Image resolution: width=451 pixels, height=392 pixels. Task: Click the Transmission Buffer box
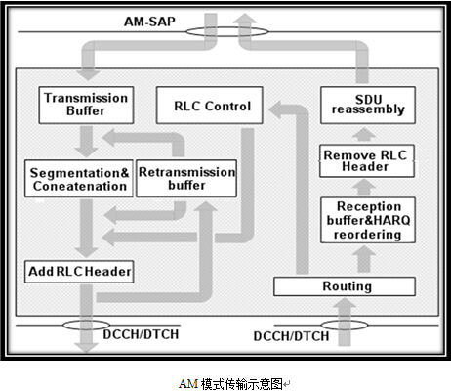86,105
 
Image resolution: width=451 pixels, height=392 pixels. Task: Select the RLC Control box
210,105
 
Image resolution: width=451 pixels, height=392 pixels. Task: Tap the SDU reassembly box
368,105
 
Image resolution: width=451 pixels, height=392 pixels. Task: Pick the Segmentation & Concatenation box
79,179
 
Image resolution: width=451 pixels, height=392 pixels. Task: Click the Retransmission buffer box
186,179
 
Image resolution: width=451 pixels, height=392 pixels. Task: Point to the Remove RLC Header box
367,161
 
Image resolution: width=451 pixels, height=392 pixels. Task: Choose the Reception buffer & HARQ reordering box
368,220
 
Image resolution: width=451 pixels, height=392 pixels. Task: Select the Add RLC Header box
79,272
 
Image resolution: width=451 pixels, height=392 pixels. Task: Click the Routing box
345,286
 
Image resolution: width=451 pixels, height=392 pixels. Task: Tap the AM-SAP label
149,22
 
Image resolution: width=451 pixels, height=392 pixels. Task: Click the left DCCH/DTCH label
141,334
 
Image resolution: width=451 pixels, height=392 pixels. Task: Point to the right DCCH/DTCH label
291,336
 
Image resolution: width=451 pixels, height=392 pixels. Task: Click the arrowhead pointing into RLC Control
275,109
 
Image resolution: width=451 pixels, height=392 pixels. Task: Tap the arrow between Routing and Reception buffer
364,259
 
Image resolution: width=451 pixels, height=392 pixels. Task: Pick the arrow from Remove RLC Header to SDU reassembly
364,135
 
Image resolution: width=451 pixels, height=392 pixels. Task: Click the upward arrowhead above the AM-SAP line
245,19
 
